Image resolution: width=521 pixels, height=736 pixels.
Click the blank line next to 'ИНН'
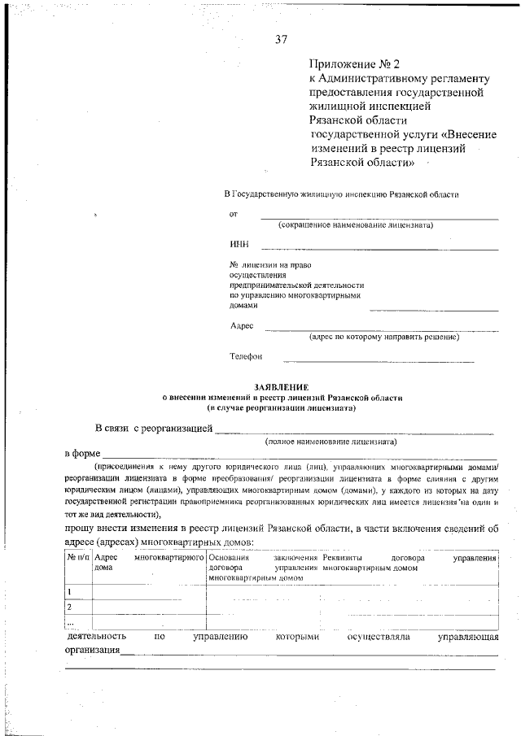(379, 248)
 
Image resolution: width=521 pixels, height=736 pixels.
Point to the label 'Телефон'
(246, 356)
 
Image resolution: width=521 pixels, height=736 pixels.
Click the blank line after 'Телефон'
(379, 360)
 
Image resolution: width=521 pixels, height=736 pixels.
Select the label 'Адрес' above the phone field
(242, 325)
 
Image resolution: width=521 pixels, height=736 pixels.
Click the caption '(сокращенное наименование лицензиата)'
(355, 224)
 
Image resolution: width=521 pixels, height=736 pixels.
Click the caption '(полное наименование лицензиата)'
(331, 442)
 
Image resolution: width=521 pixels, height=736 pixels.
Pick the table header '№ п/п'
(78, 559)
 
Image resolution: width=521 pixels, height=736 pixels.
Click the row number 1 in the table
(70, 592)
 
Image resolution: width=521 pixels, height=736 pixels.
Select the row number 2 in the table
(70, 607)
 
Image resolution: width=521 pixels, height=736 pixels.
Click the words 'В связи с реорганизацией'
(153, 428)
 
